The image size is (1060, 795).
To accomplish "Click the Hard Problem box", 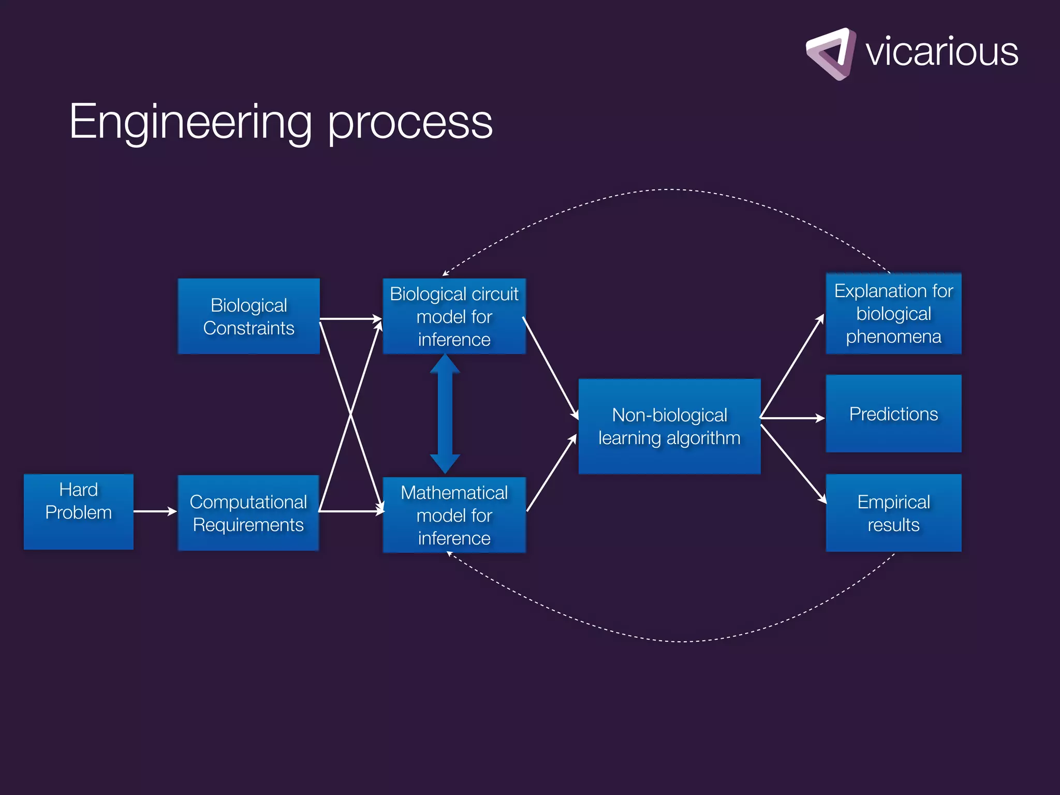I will (x=79, y=511).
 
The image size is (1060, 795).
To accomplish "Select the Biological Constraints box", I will (x=248, y=316).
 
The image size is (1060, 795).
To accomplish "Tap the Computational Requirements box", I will (x=248, y=513).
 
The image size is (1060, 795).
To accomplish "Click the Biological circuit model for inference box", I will (x=454, y=316).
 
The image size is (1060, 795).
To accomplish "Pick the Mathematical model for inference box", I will (x=454, y=515).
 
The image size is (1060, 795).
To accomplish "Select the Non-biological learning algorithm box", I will (x=669, y=426).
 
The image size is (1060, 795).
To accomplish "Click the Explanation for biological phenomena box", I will (x=893, y=314).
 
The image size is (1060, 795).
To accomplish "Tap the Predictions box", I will (x=893, y=414).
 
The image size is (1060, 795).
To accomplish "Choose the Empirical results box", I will (x=893, y=513).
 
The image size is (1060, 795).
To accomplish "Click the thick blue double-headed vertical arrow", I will (x=445, y=414).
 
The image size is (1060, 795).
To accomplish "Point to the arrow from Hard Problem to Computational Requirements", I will (x=154, y=511).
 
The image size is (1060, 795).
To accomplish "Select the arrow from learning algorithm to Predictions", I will (x=792, y=418).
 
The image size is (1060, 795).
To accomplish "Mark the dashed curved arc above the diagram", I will (x=668, y=190).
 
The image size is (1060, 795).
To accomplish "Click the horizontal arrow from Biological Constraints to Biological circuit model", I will (x=350, y=319).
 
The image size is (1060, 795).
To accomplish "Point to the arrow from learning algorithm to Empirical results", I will (x=793, y=463).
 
